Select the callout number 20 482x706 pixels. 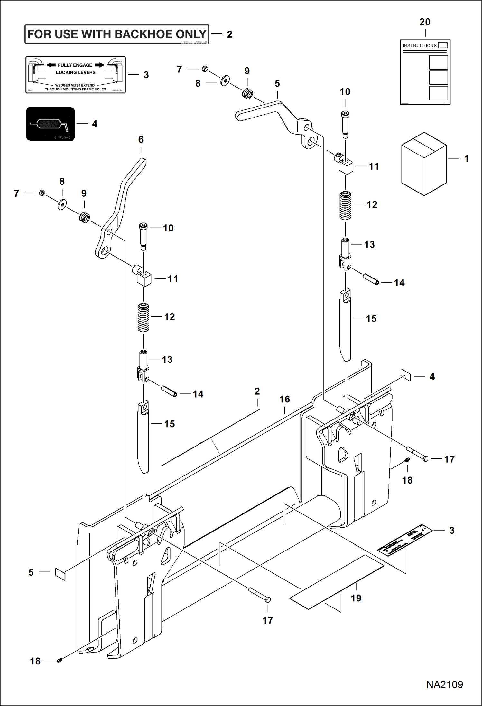pos(424,22)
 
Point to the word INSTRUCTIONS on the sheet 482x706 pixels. pos(420,46)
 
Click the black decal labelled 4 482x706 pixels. pos(50,124)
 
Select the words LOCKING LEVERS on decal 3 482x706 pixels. pos(76,73)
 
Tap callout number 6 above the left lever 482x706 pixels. pos(141,140)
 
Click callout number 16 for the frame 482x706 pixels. pos(284,400)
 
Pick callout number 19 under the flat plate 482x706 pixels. pos(356,598)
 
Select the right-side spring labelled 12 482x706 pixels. pos(345,205)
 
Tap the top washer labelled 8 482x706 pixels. pos(225,80)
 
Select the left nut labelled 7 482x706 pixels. pos(42,193)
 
